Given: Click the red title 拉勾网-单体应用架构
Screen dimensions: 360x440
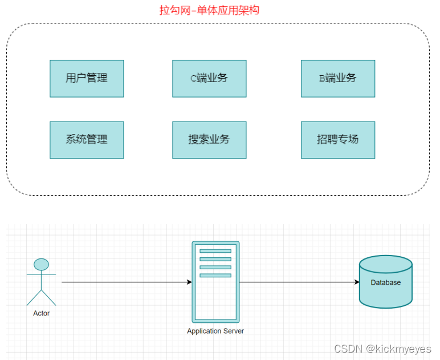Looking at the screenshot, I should (x=209, y=10).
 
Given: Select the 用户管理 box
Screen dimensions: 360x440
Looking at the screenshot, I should (x=87, y=78).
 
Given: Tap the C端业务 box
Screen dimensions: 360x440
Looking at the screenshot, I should (x=209, y=78).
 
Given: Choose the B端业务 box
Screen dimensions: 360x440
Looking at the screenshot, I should (x=338, y=78).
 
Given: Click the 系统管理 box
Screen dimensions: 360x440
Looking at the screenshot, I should (x=87, y=140).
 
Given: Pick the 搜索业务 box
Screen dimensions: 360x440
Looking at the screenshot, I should (x=209, y=140).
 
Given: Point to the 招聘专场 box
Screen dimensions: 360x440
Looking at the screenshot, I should (x=338, y=140).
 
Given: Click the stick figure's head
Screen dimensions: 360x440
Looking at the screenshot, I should (x=41, y=264).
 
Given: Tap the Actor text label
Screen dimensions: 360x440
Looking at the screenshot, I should (x=41, y=313).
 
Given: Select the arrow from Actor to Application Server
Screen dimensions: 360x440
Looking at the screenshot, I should (x=125, y=282).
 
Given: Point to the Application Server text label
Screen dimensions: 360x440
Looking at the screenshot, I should (x=215, y=331).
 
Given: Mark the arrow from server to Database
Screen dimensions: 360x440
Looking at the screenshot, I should (x=296, y=282).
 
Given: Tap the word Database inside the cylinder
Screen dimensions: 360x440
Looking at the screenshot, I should (x=386, y=282).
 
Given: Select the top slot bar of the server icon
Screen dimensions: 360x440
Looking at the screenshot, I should (x=215, y=251).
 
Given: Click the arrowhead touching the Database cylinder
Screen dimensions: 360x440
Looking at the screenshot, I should (x=356, y=282).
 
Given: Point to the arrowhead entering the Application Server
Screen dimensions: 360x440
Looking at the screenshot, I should (x=189, y=282).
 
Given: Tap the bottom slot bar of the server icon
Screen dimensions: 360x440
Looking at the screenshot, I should (x=215, y=276).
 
